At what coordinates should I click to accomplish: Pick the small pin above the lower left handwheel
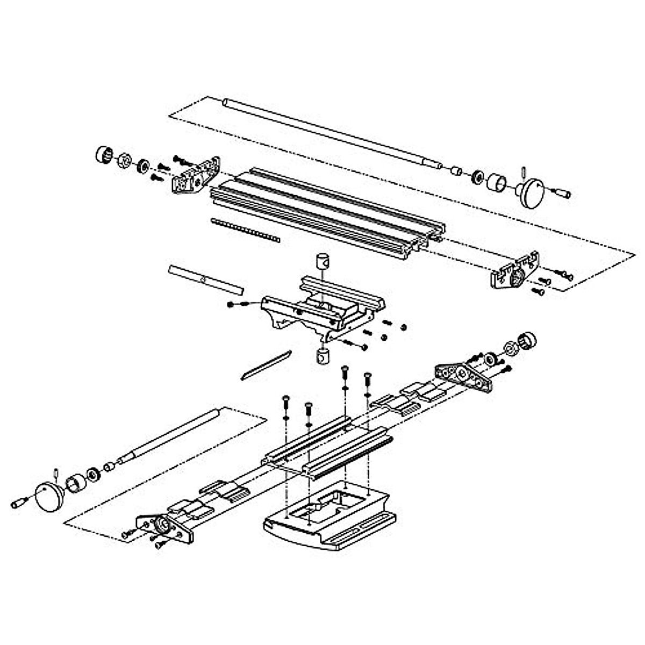pyautogui.click(x=56, y=473)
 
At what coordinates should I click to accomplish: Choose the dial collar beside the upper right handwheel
pyautogui.click(x=498, y=182)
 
